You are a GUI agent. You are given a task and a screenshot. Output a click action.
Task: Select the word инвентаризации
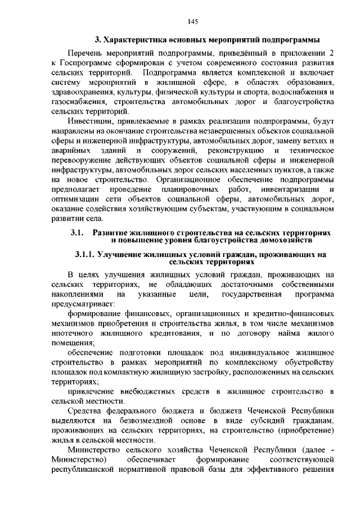click(x=291, y=188)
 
